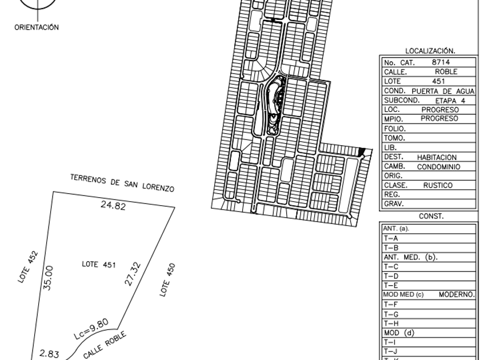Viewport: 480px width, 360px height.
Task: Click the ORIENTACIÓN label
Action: (x=37, y=27)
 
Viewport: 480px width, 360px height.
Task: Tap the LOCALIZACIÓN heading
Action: (x=429, y=51)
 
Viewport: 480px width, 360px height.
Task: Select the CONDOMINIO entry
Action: (x=438, y=166)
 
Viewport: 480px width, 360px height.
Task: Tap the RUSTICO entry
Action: (x=438, y=185)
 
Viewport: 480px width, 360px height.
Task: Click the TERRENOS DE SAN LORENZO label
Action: (x=122, y=182)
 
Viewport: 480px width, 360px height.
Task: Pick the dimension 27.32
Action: (x=135, y=273)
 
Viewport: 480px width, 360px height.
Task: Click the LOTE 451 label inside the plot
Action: (x=99, y=265)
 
